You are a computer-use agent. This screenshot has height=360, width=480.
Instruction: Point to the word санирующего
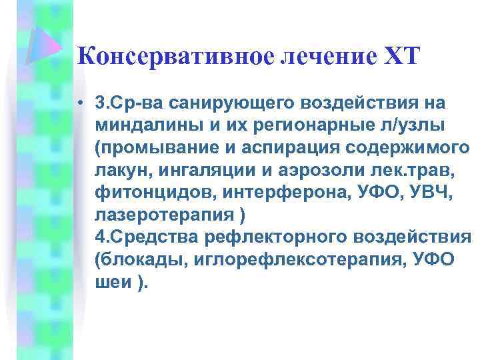point(214,104)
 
